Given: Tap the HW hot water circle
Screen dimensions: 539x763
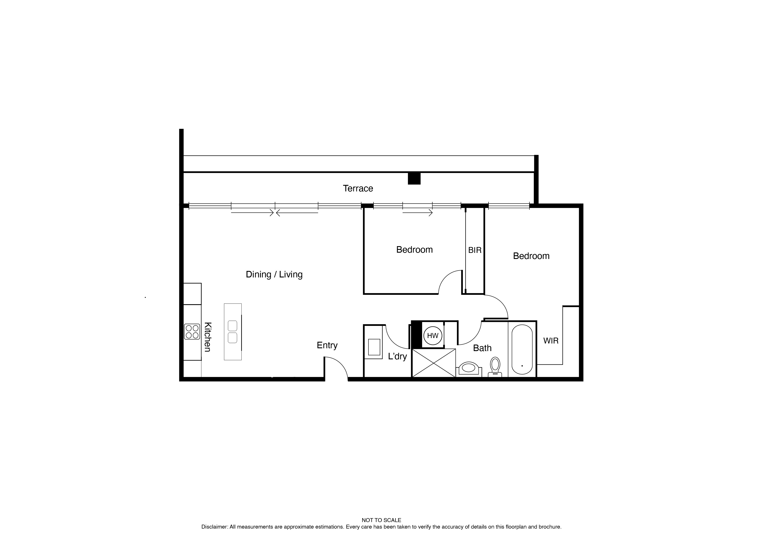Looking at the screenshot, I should (x=432, y=336).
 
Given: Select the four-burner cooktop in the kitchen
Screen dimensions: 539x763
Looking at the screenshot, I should (x=192, y=332).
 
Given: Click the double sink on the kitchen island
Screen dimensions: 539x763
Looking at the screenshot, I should (x=233, y=332).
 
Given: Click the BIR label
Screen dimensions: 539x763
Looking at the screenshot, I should (x=475, y=250).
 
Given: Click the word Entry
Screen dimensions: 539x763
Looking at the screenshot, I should (x=327, y=345).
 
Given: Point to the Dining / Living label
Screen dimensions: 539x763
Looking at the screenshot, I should (x=274, y=274).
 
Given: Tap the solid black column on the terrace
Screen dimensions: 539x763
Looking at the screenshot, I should (x=414, y=179).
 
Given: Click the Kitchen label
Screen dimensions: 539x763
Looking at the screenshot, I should (x=207, y=337).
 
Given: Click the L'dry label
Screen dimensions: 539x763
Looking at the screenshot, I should (x=397, y=357).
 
